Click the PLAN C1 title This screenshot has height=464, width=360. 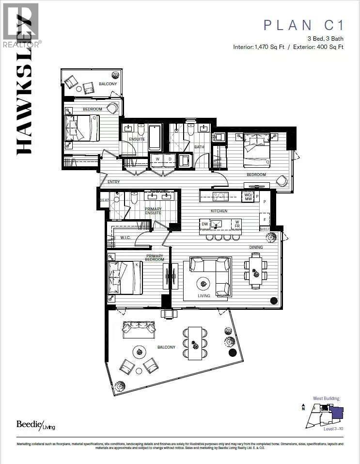click(303, 25)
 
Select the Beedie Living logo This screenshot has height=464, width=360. click(36, 424)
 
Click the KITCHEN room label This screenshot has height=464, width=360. click(219, 211)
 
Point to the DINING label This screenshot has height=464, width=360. click(256, 247)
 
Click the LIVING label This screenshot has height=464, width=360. click(203, 295)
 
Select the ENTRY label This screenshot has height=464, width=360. click(113, 182)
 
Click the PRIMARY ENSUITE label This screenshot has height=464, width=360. click(153, 211)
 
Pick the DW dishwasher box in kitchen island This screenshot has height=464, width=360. click(204, 224)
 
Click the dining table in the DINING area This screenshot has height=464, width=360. click(256, 270)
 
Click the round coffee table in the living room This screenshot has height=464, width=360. click(203, 283)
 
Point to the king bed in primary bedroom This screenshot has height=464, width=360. click(125, 278)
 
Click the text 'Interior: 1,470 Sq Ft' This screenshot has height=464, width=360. click(259, 47)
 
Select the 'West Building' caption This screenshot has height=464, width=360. click(326, 399)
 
